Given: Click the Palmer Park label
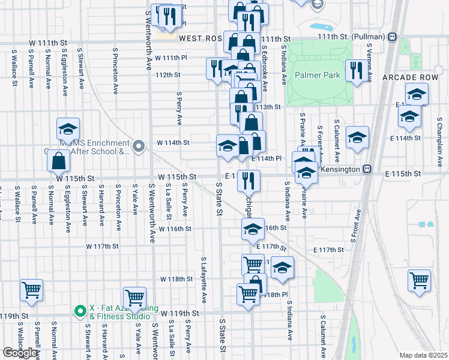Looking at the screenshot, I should click(317, 76).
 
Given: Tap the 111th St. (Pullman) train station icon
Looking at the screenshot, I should click(392, 37).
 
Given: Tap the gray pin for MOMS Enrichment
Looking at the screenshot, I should click(139, 146).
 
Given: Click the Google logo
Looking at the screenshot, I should click(20, 353).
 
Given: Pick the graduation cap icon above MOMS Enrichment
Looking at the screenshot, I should click(68, 128).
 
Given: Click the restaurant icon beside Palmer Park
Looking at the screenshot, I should click(356, 70).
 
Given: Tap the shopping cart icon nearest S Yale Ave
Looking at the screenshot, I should click(134, 297).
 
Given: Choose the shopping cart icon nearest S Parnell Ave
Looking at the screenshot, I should click(31, 290).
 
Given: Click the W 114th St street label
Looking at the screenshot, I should click(173, 143).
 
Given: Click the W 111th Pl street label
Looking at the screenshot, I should click(171, 58).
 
